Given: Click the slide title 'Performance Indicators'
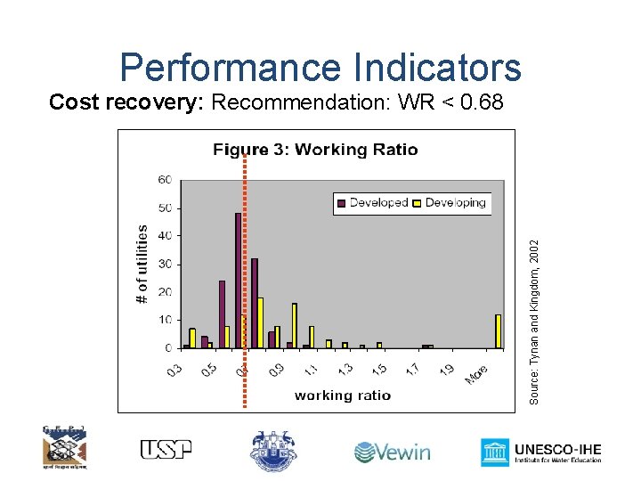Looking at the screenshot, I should click(x=320, y=67).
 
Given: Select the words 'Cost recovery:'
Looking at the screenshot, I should click(x=127, y=102).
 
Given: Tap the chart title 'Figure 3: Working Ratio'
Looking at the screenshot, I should click(x=315, y=149).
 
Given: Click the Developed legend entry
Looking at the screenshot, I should click(x=372, y=202).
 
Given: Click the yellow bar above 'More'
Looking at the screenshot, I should click(x=499, y=330).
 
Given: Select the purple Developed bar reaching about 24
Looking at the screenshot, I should click(x=222, y=314).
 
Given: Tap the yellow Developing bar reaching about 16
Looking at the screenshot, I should click(x=295, y=325).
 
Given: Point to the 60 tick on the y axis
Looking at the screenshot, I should click(x=166, y=180).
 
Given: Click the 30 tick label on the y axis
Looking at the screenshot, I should click(x=166, y=265).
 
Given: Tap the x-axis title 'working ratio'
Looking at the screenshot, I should click(x=342, y=395).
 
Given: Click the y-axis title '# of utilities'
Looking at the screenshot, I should click(x=143, y=264).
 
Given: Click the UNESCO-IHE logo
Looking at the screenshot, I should click(x=541, y=452).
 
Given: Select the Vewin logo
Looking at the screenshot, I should click(x=392, y=452).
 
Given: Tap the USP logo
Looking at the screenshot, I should click(x=166, y=450).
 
